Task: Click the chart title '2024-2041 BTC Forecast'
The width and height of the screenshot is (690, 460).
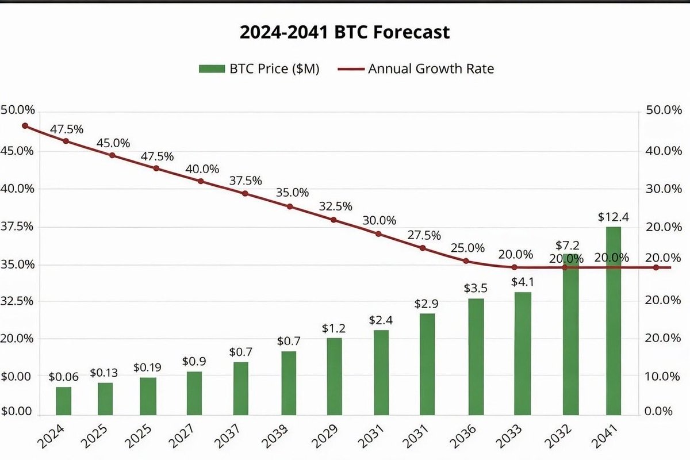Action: [344, 32]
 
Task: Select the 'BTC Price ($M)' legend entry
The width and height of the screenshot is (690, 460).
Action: [259, 68]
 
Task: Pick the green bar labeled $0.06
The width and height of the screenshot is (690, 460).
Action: [64, 401]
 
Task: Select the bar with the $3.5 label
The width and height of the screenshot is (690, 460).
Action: [476, 356]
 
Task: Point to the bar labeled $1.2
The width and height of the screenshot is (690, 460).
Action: [334, 376]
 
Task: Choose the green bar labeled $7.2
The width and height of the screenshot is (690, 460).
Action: [570, 333]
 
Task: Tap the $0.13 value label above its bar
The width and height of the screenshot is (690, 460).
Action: [105, 373]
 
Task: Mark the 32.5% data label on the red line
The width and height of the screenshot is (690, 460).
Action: [335, 206]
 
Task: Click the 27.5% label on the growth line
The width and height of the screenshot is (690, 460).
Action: [423, 235]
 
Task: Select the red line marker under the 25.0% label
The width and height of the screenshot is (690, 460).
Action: [466, 261]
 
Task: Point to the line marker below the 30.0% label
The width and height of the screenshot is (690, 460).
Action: [378, 234]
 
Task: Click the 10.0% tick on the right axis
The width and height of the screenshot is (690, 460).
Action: [655, 376]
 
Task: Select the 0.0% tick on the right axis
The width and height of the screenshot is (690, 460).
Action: [658, 412]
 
